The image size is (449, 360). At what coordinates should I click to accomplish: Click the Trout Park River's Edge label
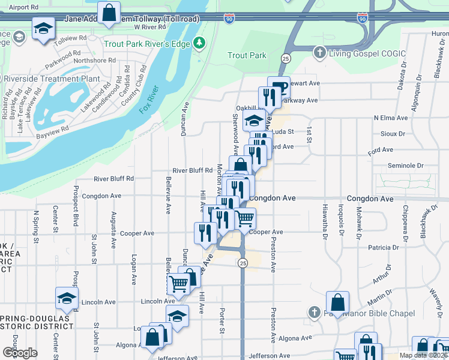click(x=147, y=44)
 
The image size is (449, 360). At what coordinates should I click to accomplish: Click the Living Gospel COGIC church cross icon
click(x=319, y=53)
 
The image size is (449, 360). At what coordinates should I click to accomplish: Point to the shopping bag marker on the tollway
click(x=109, y=13)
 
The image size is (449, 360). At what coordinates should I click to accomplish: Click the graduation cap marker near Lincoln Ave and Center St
click(x=67, y=298)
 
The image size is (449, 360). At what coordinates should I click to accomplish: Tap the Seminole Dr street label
click(x=406, y=166)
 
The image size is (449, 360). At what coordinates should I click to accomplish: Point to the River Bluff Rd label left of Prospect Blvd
click(x=113, y=179)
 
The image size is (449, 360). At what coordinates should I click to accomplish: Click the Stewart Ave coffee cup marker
click(x=278, y=86)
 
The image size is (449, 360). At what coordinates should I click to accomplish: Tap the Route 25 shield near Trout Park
click(x=285, y=58)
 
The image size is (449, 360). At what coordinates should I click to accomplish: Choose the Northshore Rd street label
click(x=94, y=61)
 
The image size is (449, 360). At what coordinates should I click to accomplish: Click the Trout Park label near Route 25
click(x=247, y=56)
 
